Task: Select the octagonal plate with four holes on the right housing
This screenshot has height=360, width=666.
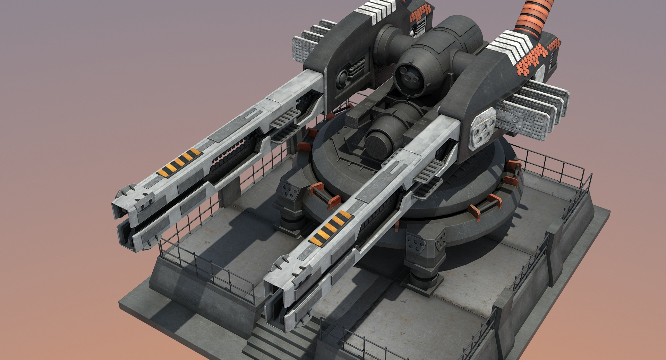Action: pos(483,128)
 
